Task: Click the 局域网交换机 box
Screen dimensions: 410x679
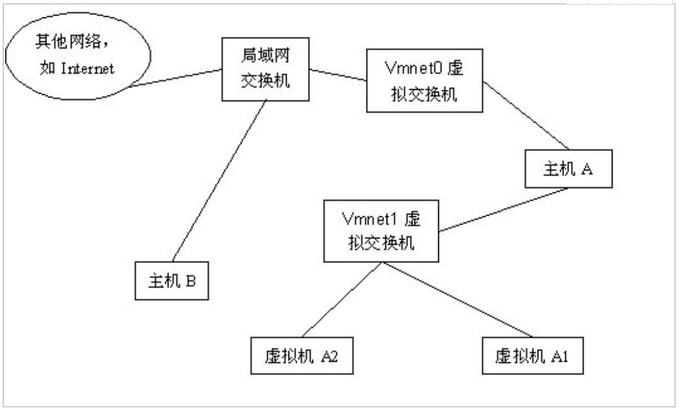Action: pos(265,68)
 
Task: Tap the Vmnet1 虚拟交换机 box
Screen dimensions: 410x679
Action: pos(381,231)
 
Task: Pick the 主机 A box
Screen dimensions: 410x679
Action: pos(567,169)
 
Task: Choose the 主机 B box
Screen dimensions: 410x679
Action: pos(172,281)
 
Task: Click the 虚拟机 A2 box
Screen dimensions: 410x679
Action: pos(301,355)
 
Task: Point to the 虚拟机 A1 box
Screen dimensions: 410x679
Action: pos(532,356)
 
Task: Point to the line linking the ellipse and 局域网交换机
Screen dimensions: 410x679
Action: pos(174,77)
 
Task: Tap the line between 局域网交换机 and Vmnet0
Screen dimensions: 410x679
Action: pos(338,76)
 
